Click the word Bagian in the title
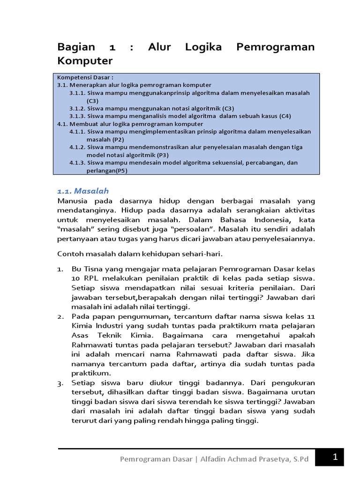(x=76, y=47)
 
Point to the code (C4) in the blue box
(x=285, y=116)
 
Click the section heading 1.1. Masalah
(x=82, y=191)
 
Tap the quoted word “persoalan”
(x=189, y=229)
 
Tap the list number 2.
(x=60, y=317)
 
